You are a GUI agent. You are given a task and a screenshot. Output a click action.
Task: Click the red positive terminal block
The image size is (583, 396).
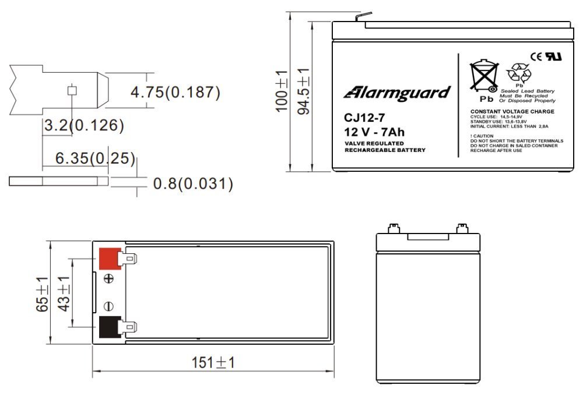click(110, 259)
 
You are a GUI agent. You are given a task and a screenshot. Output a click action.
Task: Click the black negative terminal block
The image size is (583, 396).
click(110, 327)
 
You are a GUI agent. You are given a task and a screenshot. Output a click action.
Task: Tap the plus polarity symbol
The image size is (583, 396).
click(108, 278)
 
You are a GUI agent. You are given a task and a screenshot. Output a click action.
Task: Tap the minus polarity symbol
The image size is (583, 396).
click(108, 306)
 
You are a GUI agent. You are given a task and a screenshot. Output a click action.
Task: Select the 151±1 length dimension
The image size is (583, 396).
click(213, 363)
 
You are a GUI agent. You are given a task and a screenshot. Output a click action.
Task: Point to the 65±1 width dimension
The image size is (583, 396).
click(42, 294)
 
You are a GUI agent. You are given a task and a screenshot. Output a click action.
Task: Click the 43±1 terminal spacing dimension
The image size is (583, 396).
click(64, 294)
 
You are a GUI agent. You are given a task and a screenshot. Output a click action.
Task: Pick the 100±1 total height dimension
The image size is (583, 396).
click(282, 91)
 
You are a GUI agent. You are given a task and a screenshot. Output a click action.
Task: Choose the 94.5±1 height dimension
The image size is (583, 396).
click(304, 91)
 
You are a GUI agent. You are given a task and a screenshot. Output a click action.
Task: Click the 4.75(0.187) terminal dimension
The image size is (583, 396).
click(175, 92)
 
